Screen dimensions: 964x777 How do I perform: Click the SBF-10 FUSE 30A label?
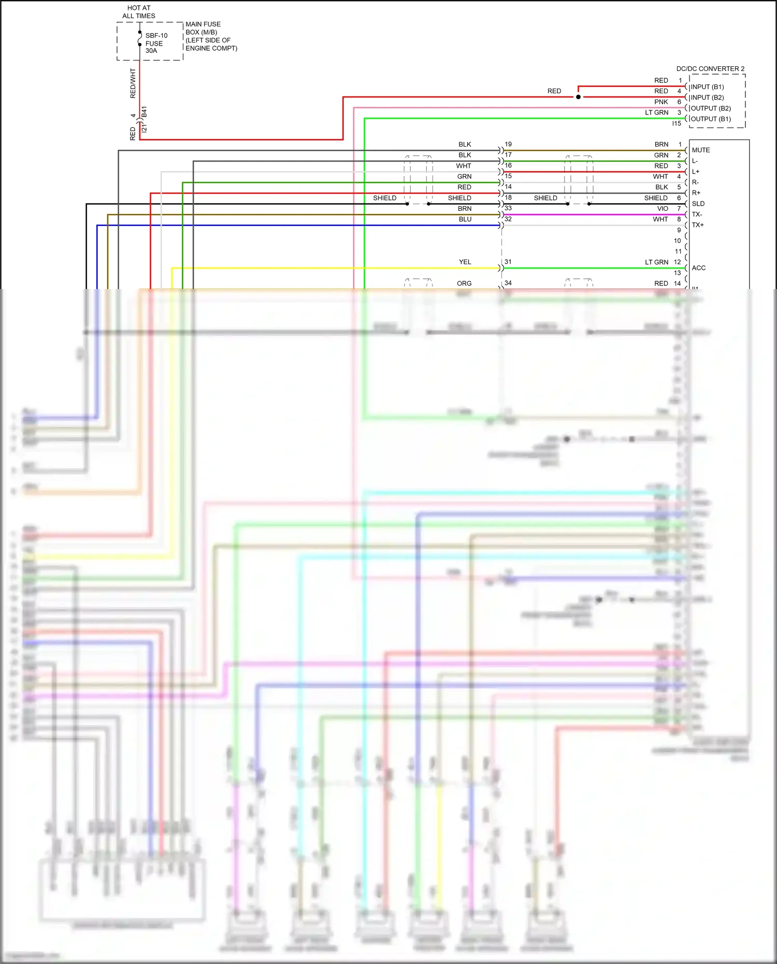coord(156,43)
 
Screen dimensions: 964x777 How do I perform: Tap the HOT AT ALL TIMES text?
coord(139,12)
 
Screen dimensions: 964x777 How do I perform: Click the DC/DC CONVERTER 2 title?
coord(710,69)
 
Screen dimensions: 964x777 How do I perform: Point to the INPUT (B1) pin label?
coord(707,87)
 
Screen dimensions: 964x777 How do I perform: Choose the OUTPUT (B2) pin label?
coord(711,108)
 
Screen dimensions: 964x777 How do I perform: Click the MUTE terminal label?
coord(701,150)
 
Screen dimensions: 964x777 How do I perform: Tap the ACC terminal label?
coord(698,268)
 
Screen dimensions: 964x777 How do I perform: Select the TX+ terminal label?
coord(697,225)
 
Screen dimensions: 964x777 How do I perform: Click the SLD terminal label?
coord(698,204)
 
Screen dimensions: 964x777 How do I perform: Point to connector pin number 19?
coord(508,144)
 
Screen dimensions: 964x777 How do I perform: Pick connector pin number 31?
coord(508,262)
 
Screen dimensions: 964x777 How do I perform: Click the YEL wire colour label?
coord(465,262)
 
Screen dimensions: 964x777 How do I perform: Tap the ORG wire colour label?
coord(464,283)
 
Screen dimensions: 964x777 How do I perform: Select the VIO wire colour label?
coord(663,209)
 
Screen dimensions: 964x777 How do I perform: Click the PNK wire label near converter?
coord(661,102)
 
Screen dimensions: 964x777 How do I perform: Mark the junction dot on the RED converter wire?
coord(578,97)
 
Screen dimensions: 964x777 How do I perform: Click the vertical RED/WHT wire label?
coord(133,83)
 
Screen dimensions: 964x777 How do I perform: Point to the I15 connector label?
coord(677,123)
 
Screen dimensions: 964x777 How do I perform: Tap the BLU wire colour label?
coord(465,219)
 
